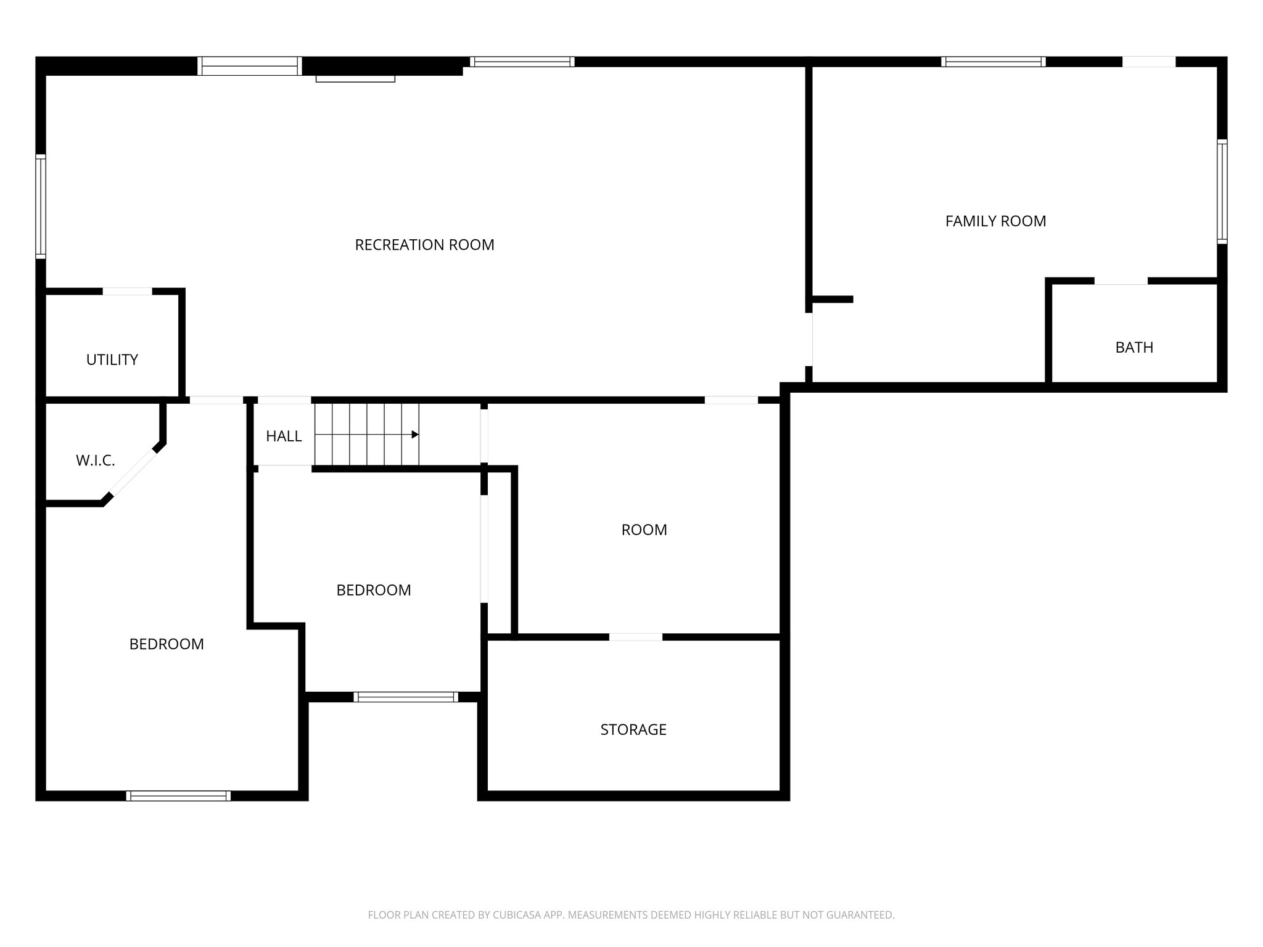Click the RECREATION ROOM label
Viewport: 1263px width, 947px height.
coord(424,245)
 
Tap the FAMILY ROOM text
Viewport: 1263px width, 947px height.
coord(995,221)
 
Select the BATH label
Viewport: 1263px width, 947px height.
coord(1133,347)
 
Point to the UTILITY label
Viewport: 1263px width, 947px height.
coord(112,359)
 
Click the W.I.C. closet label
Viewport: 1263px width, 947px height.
coord(95,461)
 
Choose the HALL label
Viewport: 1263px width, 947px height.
coord(283,436)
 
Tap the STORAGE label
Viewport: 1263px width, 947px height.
coord(633,729)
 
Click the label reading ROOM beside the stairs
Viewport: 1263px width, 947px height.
coord(644,530)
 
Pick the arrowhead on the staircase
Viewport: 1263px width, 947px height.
coord(415,435)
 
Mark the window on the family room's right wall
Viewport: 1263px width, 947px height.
coord(1222,191)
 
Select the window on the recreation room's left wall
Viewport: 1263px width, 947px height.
coord(41,206)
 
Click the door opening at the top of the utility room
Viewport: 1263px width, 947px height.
coord(127,291)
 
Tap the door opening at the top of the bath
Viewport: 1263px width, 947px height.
coord(1121,281)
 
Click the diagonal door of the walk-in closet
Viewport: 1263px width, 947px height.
coord(133,473)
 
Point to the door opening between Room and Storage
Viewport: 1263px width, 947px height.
coord(636,637)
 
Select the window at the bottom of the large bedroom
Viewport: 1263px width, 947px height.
coord(178,796)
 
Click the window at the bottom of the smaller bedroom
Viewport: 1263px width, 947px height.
coord(405,697)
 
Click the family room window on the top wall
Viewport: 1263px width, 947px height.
coord(993,62)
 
